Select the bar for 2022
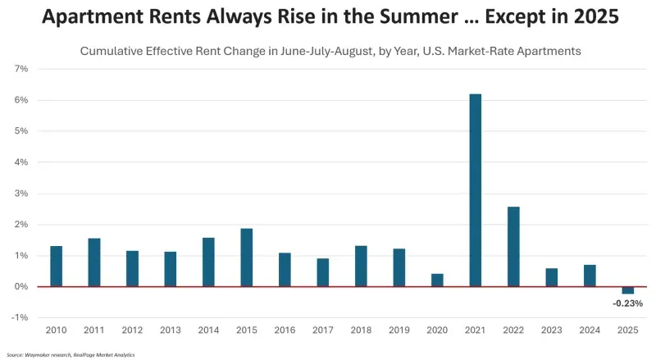click(513, 246)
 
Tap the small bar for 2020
click(437, 280)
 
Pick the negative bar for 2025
click(627, 290)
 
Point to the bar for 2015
click(247, 257)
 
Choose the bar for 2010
click(57, 266)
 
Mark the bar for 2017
click(323, 272)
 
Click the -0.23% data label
click(627, 303)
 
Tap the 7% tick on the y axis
click(22, 69)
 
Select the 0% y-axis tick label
click(22, 286)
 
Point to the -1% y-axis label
click(20, 317)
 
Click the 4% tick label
click(22, 162)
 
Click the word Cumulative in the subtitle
click(112, 51)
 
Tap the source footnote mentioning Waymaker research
click(70, 354)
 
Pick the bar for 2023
click(551, 277)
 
